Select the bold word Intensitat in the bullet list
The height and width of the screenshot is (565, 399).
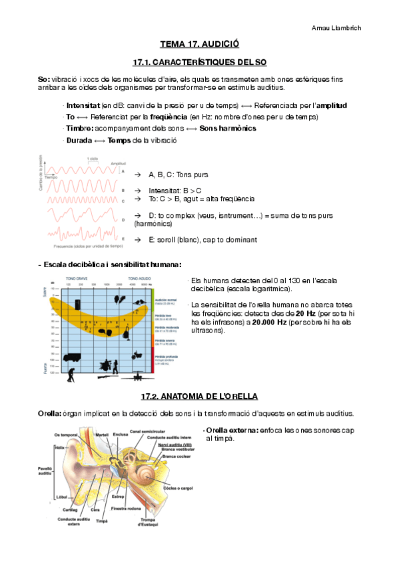[x=83, y=106]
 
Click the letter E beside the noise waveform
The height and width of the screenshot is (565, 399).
[x=123, y=238]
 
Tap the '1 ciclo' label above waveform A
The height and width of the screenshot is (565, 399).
[x=93, y=159]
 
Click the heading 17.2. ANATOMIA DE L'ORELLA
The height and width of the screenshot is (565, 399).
[x=199, y=396]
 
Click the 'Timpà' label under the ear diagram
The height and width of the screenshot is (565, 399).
[x=102, y=521]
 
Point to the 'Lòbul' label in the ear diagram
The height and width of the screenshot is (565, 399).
[x=62, y=497]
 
